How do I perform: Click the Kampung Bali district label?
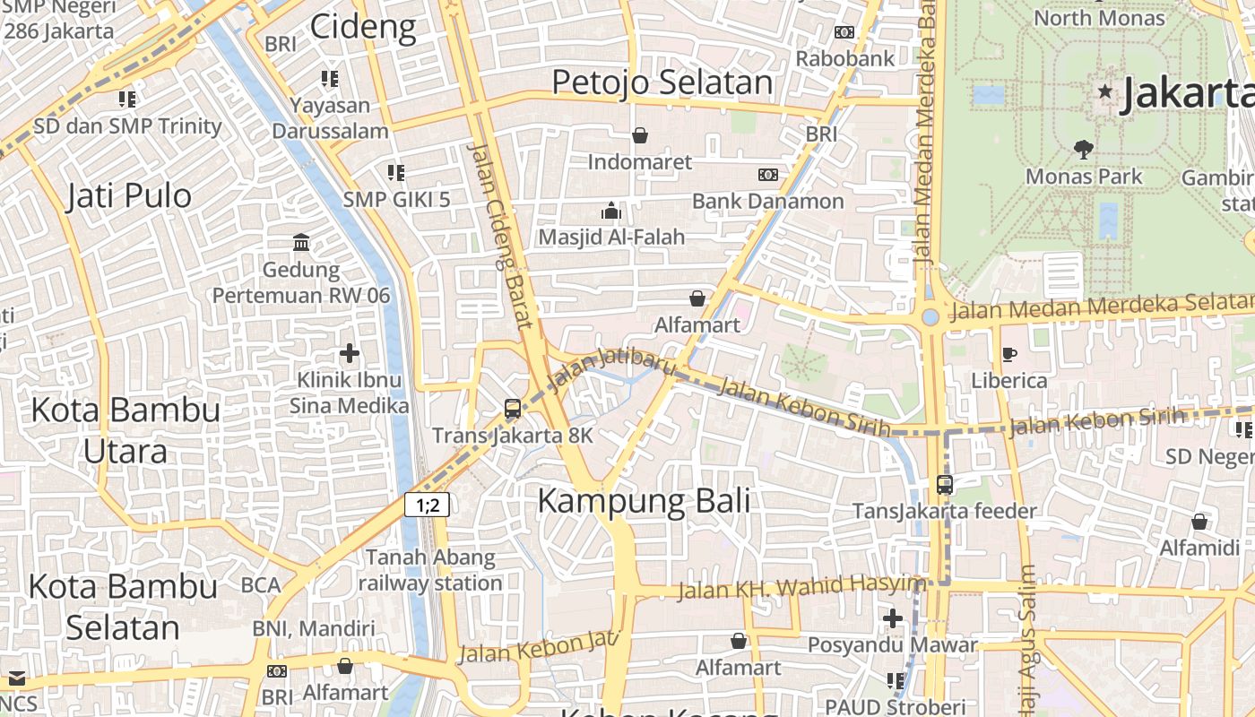pos(644,501)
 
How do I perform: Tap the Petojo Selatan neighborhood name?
pos(662,82)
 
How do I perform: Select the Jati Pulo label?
pos(129,195)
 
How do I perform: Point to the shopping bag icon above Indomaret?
pos(640,135)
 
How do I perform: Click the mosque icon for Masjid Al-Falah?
pos(611,212)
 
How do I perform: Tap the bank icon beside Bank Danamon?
pos(768,175)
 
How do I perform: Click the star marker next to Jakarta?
pos(1105,91)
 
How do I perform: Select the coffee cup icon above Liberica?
pos(1009,355)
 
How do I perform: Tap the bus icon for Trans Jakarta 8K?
pos(513,409)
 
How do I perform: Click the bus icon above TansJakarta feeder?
pos(945,485)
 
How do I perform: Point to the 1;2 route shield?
pos(427,505)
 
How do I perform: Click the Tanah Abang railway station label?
pos(430,570)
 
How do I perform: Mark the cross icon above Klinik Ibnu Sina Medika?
pos(350,353)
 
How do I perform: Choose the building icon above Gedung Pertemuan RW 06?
pos(301,243)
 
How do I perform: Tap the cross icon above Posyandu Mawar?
pos(892,618)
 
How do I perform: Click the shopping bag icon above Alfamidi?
pos(1199,522)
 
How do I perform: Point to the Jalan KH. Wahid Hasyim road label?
pos(801,588)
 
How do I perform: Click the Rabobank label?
pos(845,59)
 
